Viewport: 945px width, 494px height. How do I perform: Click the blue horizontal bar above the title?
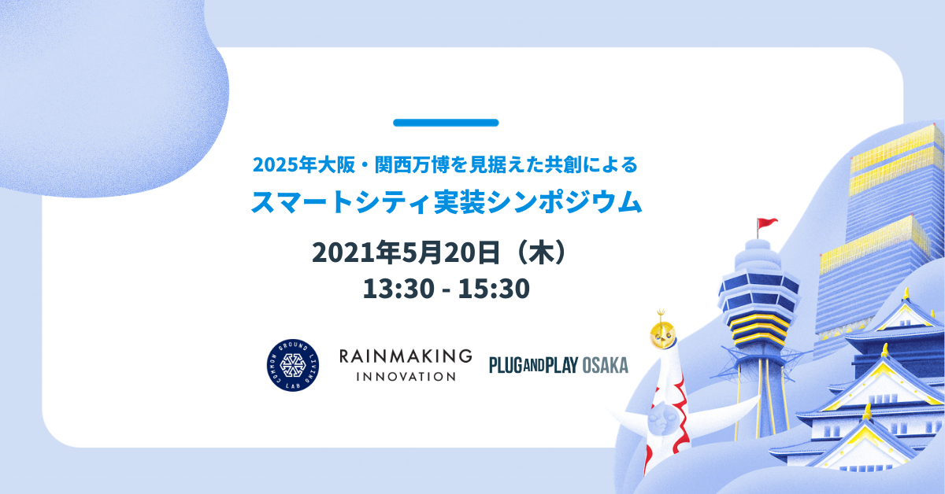click(x=446, y=123)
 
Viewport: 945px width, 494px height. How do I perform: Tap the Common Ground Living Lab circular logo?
click(x=293, y=365)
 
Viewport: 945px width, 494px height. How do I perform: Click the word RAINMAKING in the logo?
click(x=406, y=356)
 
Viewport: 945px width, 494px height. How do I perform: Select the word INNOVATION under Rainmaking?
click(x=406, y=377)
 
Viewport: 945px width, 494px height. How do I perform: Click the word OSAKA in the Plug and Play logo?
click(x=606, y=366)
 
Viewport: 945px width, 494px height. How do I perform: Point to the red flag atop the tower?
click(x=767, y=223)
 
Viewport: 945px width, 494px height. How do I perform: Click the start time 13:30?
click(x=398, y=289)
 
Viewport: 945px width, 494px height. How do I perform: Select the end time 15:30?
click(x=494, y=289)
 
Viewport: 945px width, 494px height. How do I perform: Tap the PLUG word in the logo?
click(x=506, y=366)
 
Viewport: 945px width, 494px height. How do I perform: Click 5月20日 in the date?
click(x=450, y=252)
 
